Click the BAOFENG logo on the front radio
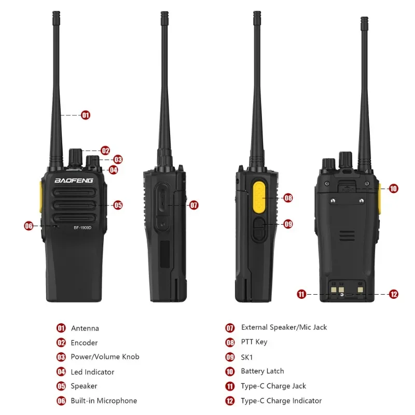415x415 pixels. (x=74, y=181)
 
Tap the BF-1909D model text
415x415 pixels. (x=82, y=228)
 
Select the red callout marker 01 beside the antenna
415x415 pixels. (x=86, y=115)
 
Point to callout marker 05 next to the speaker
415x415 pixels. (x=118, y=205)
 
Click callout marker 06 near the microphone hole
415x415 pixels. (x=29, y=226)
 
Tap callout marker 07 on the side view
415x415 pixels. (x=193, y=205)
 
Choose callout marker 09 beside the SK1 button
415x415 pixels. (x=288, y=224)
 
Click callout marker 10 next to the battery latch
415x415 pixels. (x=393, y=188)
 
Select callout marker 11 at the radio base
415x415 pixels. (x=301, y=294)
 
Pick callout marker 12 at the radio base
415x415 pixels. (x=394, y=294)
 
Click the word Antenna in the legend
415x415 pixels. (x=85, y=328)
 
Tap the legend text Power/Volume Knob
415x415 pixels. (x=105, y=357)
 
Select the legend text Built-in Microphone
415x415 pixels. (x=104, y=400)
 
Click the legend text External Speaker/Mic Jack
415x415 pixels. (x=284, y=327)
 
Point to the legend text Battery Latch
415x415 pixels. (x=262, y=371)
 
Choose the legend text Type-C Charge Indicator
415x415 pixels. (x=281, y=400)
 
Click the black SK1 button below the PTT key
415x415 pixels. (x=259, y=229)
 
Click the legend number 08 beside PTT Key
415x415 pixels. (x=230, y=342)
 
